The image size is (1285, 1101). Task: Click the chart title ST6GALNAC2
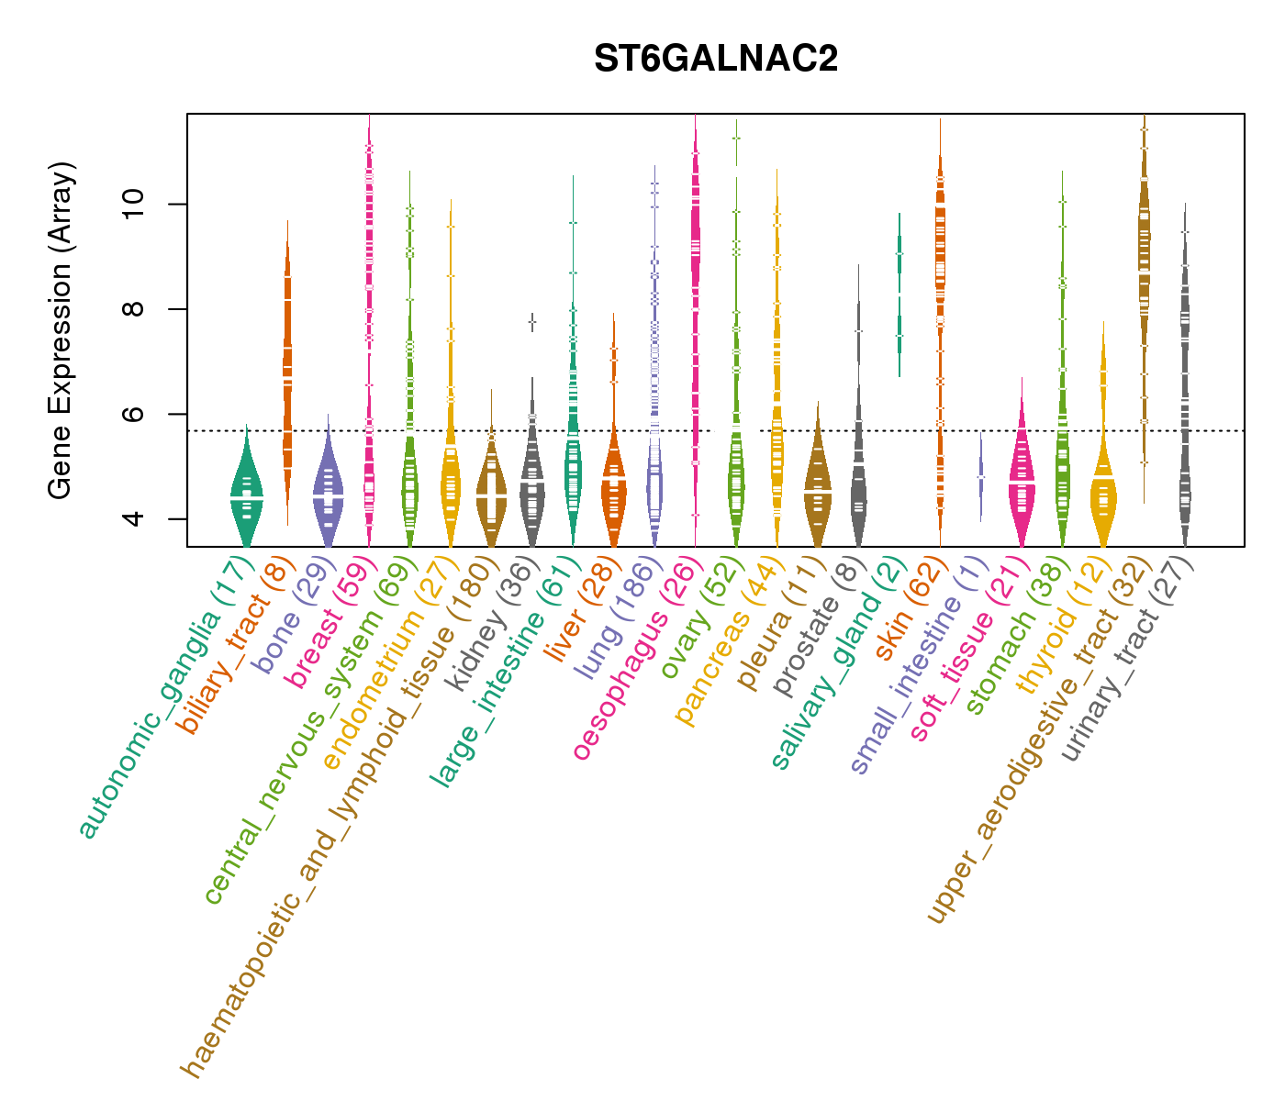715,60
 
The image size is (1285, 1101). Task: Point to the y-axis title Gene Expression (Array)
61,330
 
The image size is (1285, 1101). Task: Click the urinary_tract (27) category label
1128,662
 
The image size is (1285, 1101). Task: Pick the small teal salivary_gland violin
899,294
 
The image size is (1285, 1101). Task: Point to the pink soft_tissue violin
1022,477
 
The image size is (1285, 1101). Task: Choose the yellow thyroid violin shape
1102,495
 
